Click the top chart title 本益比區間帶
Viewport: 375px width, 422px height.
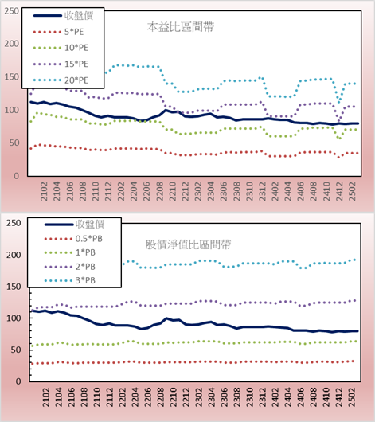[x=181, y=27]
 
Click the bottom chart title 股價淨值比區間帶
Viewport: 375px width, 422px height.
[x=188, y=244]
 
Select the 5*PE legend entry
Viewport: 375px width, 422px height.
[x=58, y=32]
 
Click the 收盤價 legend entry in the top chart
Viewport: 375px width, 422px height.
[x=63, y=16]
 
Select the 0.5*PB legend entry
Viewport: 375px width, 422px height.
[x=73, y=239]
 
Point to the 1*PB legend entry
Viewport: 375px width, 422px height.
[x=70, y=252]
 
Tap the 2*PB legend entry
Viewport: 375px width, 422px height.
[x=70, y=267]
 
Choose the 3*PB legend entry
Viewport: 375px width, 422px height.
[x=70, y=280]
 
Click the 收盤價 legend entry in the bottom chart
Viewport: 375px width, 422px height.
[x=74, y=225]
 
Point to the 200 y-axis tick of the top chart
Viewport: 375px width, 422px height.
[x=12, y=44]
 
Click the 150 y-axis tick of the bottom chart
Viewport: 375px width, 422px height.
[x=14, y=287]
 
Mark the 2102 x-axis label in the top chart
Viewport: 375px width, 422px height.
[x=44, y=191]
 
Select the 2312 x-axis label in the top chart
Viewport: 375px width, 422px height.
[x=263, y=191]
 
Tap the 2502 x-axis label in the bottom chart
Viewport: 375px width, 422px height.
[x=352, y=397]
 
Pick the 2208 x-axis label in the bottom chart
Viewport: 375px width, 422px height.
[x=161, y=397]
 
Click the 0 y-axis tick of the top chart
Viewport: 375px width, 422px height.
[x=17, y=176]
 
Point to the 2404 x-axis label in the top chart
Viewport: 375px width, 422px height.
[x=288, y=191]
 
